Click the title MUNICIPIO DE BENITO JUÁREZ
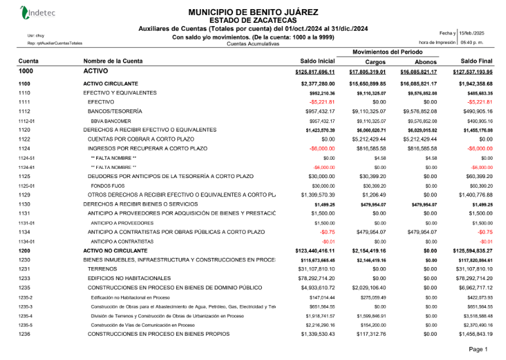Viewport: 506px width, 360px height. point(253,12)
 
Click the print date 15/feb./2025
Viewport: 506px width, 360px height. point(471,32)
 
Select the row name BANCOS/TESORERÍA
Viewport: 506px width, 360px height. point(115,112)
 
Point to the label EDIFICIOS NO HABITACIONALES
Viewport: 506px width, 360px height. point(128,278)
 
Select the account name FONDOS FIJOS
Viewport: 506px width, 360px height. point(104,186)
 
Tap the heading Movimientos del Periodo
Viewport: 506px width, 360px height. point(387,51)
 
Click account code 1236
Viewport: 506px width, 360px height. point(24,334)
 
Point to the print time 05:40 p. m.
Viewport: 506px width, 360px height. point(471,42)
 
